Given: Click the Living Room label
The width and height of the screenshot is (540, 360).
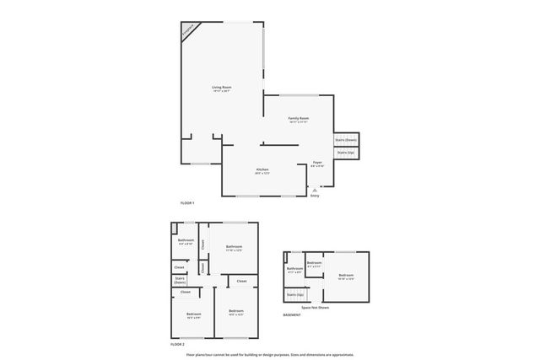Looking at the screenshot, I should point(222,87).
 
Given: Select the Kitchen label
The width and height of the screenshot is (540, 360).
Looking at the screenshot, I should point(262,169).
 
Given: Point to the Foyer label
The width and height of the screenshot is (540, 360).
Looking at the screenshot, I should point(317,162).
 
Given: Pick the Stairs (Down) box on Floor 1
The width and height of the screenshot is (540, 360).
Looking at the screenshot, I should point(346,139).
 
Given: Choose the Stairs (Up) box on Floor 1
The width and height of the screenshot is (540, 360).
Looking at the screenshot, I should point(346,153).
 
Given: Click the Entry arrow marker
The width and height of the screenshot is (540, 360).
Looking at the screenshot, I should point(315,191).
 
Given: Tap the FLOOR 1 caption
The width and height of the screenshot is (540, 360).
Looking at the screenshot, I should point(187,203).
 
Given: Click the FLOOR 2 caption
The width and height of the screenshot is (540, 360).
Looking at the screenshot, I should point(176,344).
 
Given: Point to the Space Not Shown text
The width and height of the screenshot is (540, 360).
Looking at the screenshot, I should point(315,308).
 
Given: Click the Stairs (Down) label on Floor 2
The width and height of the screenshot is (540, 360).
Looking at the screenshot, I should point(180,280).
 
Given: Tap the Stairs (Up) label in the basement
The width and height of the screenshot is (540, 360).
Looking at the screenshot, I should point(294,294).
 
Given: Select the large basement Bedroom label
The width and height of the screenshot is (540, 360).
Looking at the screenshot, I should point(346,275).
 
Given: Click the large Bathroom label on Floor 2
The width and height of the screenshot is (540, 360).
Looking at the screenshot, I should point(234,246).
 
